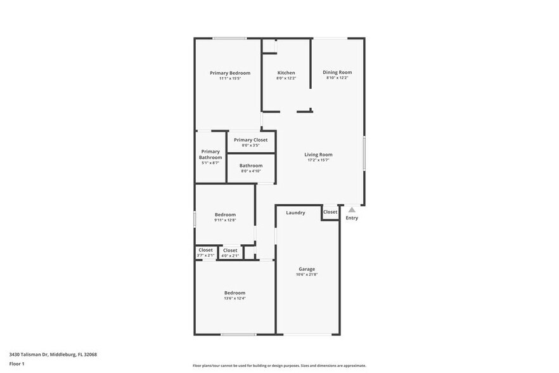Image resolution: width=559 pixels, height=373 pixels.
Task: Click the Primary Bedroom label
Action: click(230, 73)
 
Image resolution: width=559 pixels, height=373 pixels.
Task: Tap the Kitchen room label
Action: click(286, 73)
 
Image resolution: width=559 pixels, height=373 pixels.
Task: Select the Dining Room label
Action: click(337, 72)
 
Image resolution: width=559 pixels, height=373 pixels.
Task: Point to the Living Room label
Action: click(318, 155)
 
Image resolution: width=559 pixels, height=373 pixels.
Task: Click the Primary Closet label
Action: click(250, 140)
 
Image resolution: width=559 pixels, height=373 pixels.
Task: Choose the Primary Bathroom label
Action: click(210, 154)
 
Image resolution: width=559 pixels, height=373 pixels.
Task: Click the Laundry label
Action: click(295, 213)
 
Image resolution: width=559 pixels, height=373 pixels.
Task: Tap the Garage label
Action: click(307, 269)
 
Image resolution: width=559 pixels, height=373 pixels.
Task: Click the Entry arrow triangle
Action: click(352, 209)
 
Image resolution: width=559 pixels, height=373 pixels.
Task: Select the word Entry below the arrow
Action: click(352, 218)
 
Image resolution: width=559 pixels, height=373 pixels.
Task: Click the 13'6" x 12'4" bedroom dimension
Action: click(235, 298)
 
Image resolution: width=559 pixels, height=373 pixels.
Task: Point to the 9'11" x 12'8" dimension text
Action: click(225, 220)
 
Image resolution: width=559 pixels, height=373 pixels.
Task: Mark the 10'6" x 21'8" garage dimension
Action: click(307, 275)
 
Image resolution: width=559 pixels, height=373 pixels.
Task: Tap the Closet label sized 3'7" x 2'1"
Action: click(206, 250)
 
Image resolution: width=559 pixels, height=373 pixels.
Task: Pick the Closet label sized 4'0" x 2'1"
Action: click(230, 251)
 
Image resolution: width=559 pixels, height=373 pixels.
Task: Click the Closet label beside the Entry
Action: click(330, 212)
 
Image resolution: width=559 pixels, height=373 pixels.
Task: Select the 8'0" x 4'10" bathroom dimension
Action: click(250, 171)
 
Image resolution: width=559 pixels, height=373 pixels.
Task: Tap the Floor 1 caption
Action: click(16, 363)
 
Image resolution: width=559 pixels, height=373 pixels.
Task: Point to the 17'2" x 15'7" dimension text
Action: click(318, 160)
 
